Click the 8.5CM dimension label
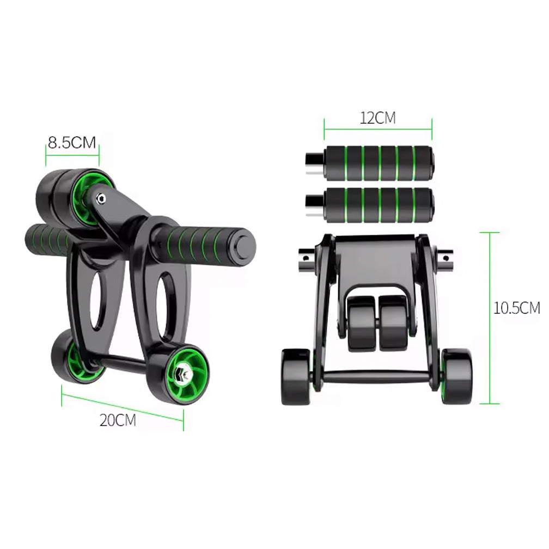pyautogui.click(x=72, y=142)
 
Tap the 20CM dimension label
pyautogui.click(x=118, y=420)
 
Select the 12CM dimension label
pyautogui.click(x=378, y=118)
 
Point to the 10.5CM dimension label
pyautogui.click(x=516, y=308)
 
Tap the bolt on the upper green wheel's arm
pyautogui.click(x=101, y=198)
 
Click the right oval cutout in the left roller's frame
pyautogui.click(x=164, y=302)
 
